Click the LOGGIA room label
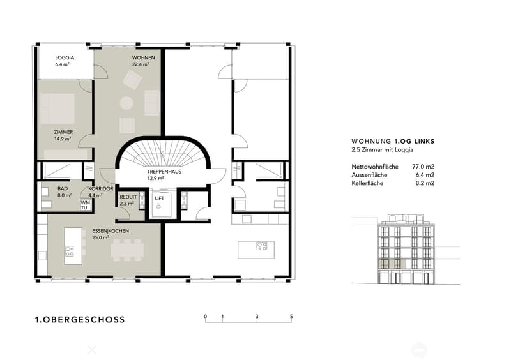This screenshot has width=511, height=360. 65,57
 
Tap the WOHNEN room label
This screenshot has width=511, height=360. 143,57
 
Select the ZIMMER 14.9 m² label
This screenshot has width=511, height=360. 63,135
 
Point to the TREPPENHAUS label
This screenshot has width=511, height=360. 164,172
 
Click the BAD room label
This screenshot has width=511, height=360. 63,189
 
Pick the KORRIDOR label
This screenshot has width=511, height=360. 101,189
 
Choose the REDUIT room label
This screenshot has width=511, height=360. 128,197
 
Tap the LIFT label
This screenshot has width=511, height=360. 159,198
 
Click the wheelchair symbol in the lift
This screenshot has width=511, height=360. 158,206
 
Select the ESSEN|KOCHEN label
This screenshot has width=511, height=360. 111,231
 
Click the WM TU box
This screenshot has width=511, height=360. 85,206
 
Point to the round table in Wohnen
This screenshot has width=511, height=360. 126,103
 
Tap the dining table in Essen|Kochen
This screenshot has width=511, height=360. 127,250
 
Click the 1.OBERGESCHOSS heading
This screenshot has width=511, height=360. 80,320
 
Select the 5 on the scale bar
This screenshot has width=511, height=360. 291,317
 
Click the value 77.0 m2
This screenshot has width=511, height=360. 423,167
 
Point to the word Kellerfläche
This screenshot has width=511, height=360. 367,183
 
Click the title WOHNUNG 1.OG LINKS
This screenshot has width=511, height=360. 393,142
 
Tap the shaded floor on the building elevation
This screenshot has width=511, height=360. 392,264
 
